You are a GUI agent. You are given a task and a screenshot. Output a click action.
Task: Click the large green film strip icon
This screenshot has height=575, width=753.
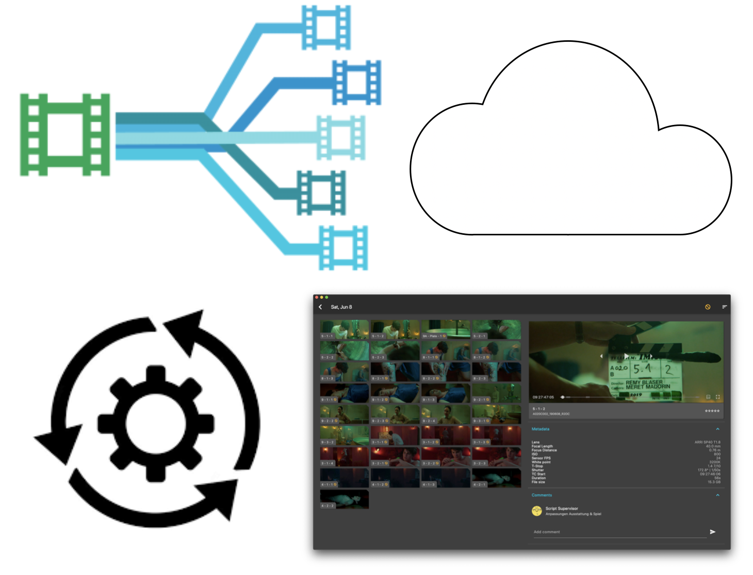click(64, 135)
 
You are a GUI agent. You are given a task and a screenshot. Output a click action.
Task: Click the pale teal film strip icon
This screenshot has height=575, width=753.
click(341, 137)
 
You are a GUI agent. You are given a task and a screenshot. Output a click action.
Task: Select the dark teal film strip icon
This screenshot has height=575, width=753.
click(321, 193)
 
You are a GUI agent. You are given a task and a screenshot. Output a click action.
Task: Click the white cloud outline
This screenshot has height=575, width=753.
click(570, 155)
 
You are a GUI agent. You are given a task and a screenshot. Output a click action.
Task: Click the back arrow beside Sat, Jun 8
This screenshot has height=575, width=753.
click(320, 307)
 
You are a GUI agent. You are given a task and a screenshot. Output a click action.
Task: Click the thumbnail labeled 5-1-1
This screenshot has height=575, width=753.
click(344, 329)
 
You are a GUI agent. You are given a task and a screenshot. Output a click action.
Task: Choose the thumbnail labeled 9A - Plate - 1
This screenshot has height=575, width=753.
click(446, 329)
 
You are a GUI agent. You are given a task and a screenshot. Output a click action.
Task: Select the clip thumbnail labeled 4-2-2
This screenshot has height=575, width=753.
click(344, 499)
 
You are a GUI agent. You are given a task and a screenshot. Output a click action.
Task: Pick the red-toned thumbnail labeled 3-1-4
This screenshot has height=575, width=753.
click(344, 457)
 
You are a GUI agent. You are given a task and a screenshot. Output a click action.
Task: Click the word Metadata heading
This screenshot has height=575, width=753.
click(540, 429)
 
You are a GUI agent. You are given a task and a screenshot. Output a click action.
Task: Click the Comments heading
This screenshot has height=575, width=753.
click(542, 495)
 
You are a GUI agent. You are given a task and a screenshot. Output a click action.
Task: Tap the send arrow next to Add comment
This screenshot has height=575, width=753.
click(712, 532)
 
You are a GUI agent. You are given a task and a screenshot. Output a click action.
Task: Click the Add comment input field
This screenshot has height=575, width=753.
click(619, 532)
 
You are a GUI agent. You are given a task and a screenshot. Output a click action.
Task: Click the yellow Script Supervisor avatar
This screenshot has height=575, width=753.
click(536, 511)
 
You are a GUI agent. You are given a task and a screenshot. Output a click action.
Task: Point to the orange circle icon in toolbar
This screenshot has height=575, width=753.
click(708, 307)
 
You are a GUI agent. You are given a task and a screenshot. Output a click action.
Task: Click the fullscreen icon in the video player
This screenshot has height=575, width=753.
click(717, 397)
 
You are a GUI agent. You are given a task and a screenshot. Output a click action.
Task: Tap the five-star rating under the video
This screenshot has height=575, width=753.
click(712, 411)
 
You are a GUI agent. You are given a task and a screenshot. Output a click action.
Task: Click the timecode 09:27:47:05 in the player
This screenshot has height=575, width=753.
click(543, 397)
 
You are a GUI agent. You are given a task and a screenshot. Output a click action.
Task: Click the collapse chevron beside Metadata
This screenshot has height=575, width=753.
click(717, 429)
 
